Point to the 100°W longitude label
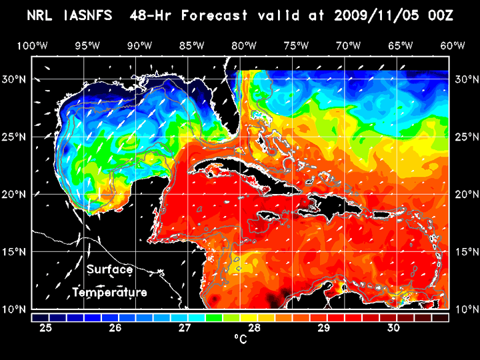coord(32,45)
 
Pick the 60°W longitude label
coord(452,45)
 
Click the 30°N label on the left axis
coord(15,79)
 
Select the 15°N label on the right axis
coord(464,252)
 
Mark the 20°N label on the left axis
coord(15,195)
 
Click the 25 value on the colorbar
coord(46,328)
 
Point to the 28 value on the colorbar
coord(254,328)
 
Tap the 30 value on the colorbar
coord(393,328)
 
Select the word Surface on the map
coord(110,270)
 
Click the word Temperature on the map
coord(110,293)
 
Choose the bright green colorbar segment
coord(214,317)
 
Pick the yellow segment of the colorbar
coord(249,317)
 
